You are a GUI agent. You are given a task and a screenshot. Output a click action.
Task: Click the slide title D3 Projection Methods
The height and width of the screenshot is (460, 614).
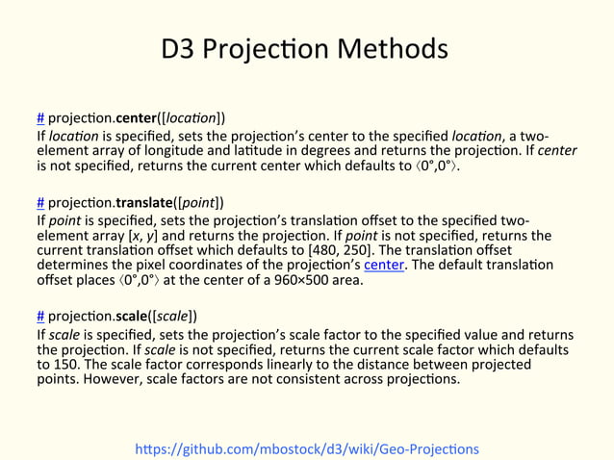tap(305, 48)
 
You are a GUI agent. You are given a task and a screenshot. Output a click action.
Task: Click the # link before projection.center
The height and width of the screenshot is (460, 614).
tap(40, 118)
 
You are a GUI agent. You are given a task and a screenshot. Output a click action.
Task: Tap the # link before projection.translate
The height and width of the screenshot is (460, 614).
tap(40, 203)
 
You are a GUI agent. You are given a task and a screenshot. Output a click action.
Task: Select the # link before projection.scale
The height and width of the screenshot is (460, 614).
tap(40, 316)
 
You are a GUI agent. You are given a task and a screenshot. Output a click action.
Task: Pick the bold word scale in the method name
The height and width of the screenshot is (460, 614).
tap(134, 316)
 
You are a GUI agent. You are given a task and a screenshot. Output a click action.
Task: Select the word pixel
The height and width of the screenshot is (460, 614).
tap(155, 265)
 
